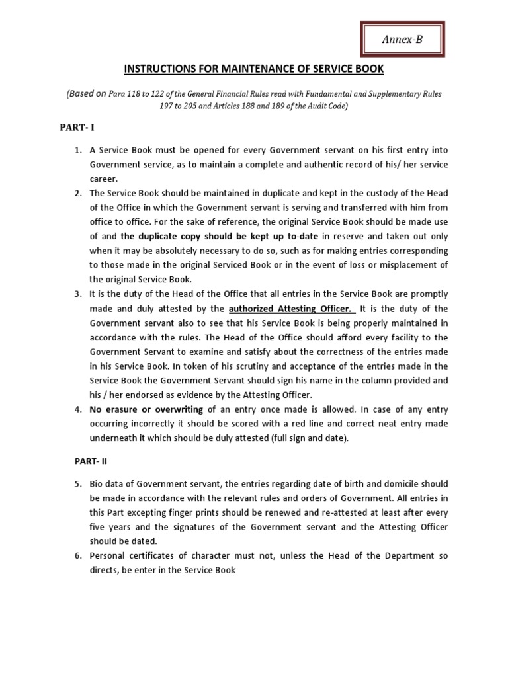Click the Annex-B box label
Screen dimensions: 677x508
[402, 40]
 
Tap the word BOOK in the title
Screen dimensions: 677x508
[368, 69]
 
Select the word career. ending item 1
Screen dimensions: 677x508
[105, 179]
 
